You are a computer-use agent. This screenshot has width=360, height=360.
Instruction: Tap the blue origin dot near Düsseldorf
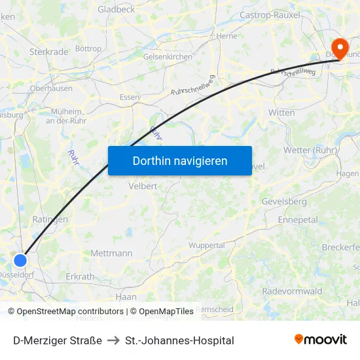tap(20, 260)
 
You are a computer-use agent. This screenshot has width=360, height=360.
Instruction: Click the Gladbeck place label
tap(116, 9)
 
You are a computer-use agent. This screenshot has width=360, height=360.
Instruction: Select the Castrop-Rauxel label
tap(270, 14)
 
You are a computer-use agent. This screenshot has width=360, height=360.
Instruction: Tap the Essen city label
tap(129, 97)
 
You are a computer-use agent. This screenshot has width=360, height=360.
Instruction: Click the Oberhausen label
tap(51, 88)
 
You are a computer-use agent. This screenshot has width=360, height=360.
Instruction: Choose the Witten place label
tap(281, 113)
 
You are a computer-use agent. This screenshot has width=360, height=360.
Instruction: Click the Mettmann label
tap(111, 253)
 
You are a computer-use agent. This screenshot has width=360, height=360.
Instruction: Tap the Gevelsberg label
tap(284, 202)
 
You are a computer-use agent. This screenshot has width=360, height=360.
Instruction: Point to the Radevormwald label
tap(292, 291)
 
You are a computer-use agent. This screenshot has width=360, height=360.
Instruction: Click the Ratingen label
tap(50, 220)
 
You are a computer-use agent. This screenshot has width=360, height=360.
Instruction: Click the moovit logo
tap(320, 339)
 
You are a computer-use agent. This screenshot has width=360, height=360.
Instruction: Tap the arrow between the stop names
tap(113, 340)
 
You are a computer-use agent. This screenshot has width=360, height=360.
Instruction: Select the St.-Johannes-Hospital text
tap(179, 340)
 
